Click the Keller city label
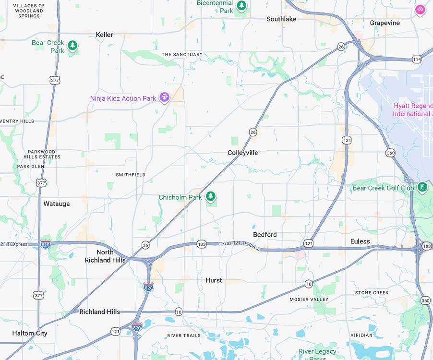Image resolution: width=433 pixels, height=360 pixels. pos(104,35)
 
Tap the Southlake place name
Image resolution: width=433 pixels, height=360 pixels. pos(281,19)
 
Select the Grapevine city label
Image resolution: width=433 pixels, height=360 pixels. pos(385,23)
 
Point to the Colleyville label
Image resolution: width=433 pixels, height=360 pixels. pos(242,153)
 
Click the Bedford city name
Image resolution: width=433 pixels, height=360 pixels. pos(265,235)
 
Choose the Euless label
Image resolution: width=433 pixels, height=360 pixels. pos(360,241)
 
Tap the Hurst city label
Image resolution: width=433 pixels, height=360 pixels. pos(214,280)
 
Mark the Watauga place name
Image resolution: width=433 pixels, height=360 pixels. pos(57,204)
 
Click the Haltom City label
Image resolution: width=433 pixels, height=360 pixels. pos(30,333)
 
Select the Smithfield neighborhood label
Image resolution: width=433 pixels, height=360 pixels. pos(131,175)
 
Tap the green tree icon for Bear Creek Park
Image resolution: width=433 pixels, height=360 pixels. pos(72,46)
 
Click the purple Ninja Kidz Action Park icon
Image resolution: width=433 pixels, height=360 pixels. pos(165,98)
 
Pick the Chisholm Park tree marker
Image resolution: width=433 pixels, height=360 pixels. pos(210,196)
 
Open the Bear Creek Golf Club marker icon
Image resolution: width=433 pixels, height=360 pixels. pos(422,187)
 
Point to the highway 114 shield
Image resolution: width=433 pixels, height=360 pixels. pos(416,59)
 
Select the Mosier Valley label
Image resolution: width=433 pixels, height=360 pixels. pos(309,300)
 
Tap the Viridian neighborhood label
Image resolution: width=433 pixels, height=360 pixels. pos(361,335)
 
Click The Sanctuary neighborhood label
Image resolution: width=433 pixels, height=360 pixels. pos(182,55)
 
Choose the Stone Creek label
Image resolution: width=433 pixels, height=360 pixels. pos(372,293)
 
